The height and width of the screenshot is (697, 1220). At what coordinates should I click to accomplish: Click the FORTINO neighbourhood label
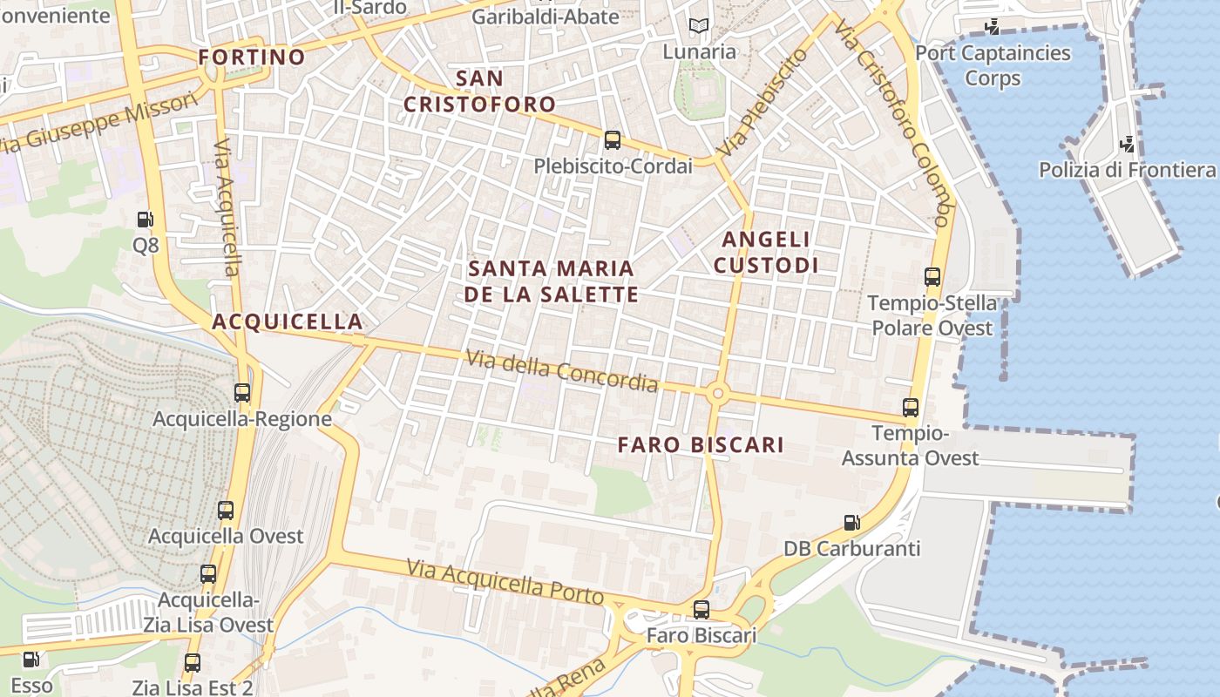pyautogui.click(x=252, y=58)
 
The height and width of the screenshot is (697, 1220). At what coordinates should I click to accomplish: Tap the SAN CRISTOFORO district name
pyautogui.click(x=479, y=91)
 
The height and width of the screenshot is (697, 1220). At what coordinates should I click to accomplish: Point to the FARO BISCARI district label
pyautogui.click(x=701, y=445)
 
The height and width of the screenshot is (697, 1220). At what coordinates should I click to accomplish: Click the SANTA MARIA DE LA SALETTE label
pyautogui.click(x=551, y=281)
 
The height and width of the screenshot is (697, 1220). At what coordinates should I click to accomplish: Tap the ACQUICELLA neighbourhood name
pyautogui.click(x=288, y=321)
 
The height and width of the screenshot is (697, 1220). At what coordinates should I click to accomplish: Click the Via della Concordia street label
pyautogui.click(x=561, y=370)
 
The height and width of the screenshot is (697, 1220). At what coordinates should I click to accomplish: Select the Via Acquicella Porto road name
pyautogui.click(x=505, y=582)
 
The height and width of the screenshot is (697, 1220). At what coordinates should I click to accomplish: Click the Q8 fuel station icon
pyautogui.click(x=146, y=220)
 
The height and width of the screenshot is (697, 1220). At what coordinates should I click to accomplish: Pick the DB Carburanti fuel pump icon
pyautogui.click(x=851, y=523)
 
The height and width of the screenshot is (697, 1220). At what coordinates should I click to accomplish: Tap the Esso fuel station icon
pyautogui.click(x=31, y=660)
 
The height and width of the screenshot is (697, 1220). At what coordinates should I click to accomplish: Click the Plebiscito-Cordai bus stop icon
pyautogui.click(x=613, y=139)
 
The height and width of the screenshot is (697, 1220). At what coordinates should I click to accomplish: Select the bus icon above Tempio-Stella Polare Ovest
pyautogui.click(x=932, y=277)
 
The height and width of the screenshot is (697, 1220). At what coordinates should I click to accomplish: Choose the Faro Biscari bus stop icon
pyautogui.click(x=701, y=610)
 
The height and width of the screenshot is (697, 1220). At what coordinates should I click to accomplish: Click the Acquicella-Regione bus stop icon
pyautogui.click(x=242, y=393)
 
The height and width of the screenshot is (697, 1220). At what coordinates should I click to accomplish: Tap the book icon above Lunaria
pyautogui.click(x=698, y=26)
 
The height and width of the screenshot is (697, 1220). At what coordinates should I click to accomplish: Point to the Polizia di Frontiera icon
pyautogui.click(x=1127, y=144)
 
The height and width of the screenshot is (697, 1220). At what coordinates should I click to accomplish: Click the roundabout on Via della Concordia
pyautogui.click(x=718, y=394)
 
